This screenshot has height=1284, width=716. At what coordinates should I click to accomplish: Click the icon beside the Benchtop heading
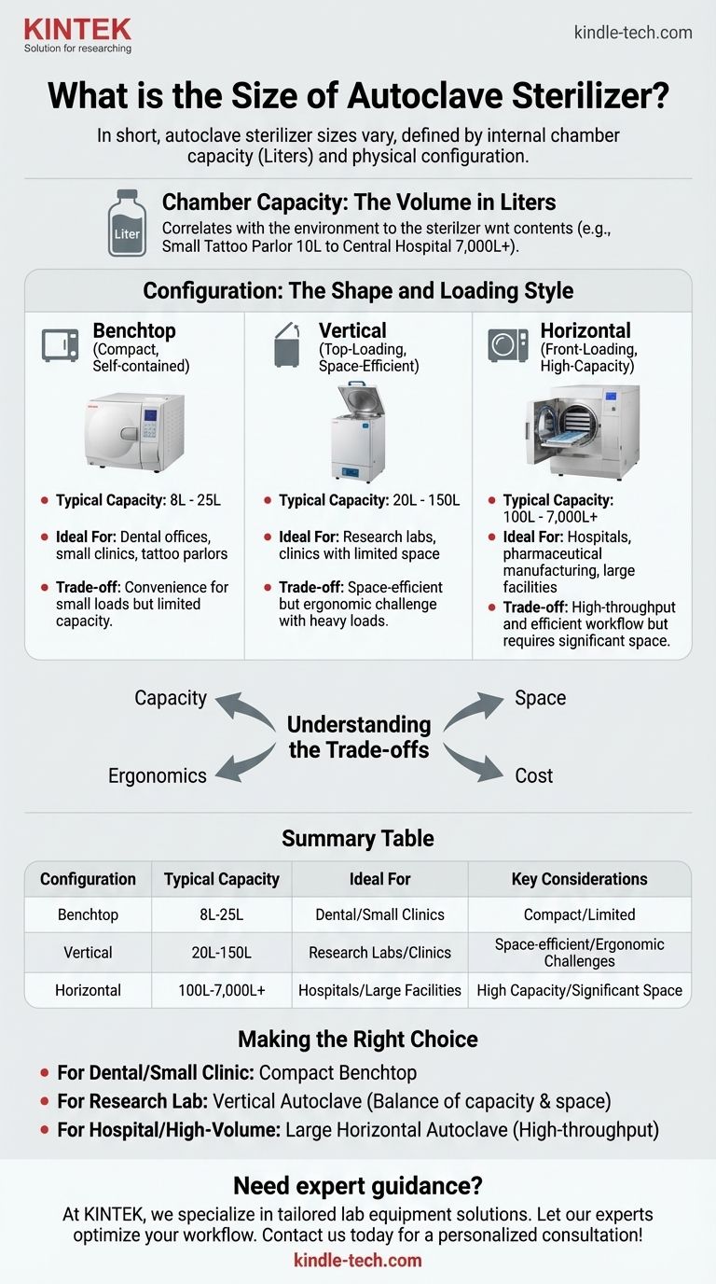coord(61,345)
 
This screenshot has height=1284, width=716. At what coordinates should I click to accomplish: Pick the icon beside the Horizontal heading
coord(508,345)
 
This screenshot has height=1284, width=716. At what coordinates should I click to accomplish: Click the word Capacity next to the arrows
coord(171,698)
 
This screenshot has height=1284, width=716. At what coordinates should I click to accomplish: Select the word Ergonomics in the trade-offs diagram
coord(158,775)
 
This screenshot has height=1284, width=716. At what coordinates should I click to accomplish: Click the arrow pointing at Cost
coord(474,762)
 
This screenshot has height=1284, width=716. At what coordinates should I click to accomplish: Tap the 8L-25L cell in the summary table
coord(221,915)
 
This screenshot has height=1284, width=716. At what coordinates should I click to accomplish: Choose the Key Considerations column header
coord(579,879)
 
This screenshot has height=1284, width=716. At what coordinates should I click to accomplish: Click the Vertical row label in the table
coord(88,953)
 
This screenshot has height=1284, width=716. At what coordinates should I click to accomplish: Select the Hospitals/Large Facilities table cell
coord(379,990)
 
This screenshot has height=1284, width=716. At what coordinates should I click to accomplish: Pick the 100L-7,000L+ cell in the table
coord(221,990)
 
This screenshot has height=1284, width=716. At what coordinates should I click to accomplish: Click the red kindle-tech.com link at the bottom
coord(358,1261)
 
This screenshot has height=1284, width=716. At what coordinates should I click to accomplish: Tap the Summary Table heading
coord(358,838)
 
